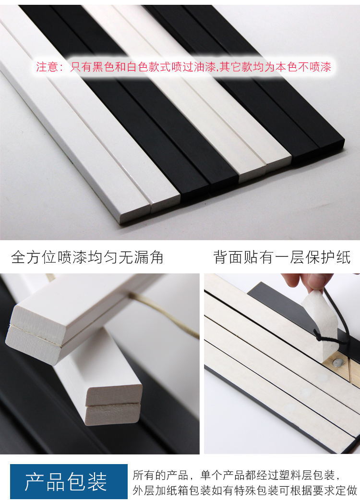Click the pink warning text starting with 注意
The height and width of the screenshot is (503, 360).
183,67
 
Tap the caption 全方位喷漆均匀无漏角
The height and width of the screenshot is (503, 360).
87,258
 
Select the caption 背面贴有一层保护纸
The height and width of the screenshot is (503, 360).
282,258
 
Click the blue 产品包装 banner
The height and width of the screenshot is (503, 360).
69,481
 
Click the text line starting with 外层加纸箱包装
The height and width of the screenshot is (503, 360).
245,490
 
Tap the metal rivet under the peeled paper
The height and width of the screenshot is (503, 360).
337,362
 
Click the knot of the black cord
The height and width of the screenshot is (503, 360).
319,337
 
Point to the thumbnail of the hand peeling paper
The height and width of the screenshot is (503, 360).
282,364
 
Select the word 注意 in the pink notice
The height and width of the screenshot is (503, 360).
47,67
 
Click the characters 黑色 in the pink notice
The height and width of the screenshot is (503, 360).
103,67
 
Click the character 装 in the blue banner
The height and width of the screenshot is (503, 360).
97,481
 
